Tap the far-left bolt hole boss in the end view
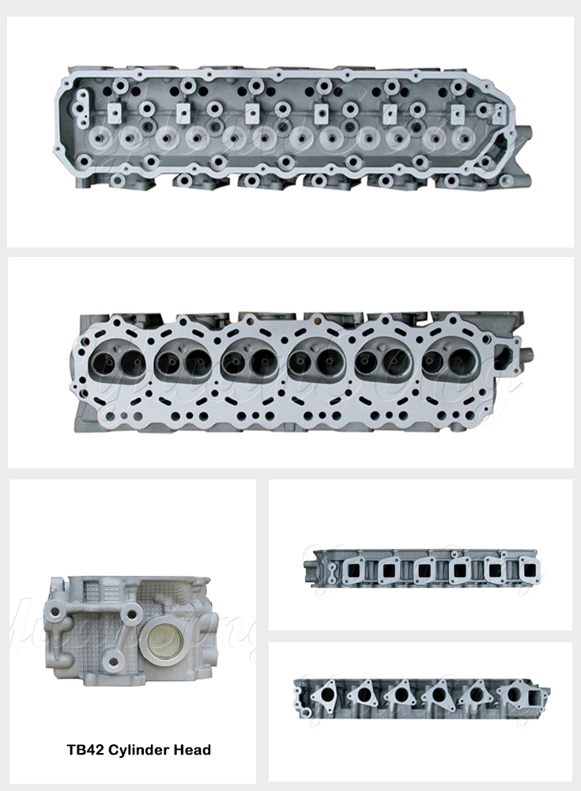[x=58, y=608]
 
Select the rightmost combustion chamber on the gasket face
[x=450, y=362]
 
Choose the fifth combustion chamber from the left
[x=383, y=363]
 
